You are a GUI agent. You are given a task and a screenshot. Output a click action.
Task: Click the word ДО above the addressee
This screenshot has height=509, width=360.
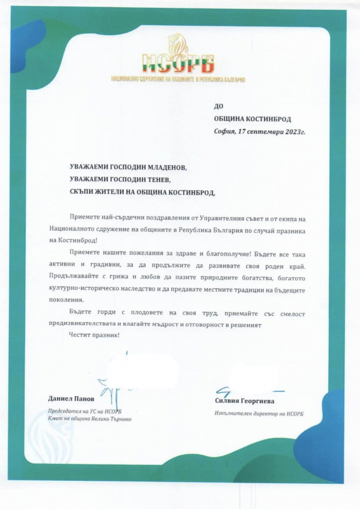(218, 106)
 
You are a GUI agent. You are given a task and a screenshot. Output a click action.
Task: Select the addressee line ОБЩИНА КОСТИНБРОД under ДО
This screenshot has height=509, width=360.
(252, 119)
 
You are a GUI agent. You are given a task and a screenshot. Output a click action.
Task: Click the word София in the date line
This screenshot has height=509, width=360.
(225, 131)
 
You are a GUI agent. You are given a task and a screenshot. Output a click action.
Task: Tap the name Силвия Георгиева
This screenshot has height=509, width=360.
(244, 400)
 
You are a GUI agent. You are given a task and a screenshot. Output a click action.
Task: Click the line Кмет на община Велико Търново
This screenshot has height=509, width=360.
(89, 419)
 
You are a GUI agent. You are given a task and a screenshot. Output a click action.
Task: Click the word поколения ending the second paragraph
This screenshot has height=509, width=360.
(67, 300)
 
